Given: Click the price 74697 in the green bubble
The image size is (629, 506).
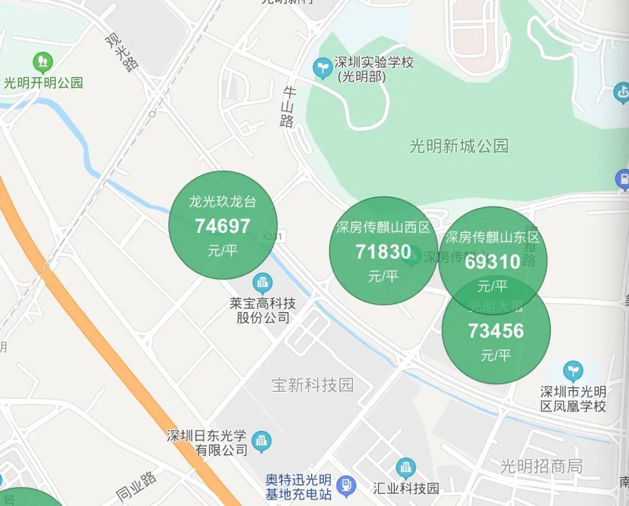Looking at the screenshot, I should pos(222,226).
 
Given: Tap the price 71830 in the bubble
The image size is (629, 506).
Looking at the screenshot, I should pos(383,252).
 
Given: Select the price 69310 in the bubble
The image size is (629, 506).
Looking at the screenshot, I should pos(493,262).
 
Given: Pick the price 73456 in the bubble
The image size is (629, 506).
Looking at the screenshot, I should pos(496,331).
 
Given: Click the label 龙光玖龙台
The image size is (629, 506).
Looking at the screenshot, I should pos(222,202).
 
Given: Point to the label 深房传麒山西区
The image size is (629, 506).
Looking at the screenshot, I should pos(383,227).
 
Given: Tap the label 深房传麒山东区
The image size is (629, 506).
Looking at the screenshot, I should pos(493,237).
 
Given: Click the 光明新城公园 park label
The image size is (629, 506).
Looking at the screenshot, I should pos(459,146).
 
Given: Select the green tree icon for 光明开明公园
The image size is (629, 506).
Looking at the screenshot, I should pos(43,61).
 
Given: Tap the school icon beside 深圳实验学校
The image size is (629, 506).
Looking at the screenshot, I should pos(321,68).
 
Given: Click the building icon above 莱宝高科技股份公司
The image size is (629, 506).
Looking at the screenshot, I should pos(263,284).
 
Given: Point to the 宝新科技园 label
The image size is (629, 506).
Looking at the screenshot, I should pos(313,385).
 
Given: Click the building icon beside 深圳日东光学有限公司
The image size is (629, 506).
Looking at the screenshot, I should pos(262,441).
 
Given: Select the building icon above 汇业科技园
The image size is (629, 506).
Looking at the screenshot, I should pos(405,468).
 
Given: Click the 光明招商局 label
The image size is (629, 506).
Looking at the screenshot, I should pos(542,466).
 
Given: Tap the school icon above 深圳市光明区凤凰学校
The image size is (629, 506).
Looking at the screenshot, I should pos(573,371).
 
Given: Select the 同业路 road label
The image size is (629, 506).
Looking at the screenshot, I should pos(136,487).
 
